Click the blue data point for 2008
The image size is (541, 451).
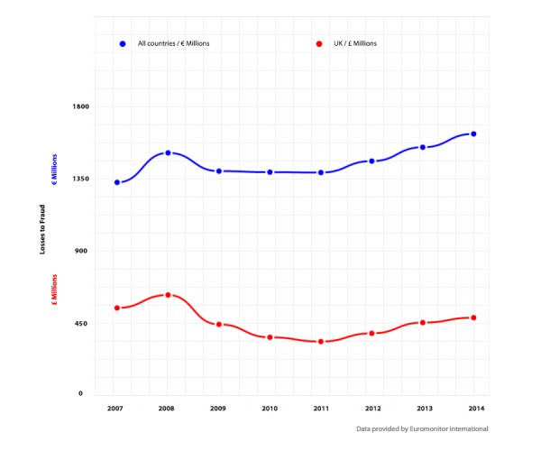click(168, 153)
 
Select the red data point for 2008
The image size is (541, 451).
click(168, 295)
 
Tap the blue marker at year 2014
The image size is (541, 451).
click(473, 134)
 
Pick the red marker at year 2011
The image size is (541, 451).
click(320, 342)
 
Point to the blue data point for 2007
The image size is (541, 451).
click(117, 182)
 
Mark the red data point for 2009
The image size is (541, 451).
click(219, 324)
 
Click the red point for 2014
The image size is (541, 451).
click(473, 318)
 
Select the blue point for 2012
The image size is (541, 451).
click(371, 161)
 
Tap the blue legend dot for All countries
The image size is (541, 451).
click(123, 43)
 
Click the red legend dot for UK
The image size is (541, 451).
click(319, 43)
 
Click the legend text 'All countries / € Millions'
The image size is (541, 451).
click(173, 43)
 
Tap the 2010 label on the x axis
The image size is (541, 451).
click(270, 410)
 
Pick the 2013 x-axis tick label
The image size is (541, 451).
click(423, 410)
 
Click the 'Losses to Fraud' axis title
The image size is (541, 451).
click(41, 227)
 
